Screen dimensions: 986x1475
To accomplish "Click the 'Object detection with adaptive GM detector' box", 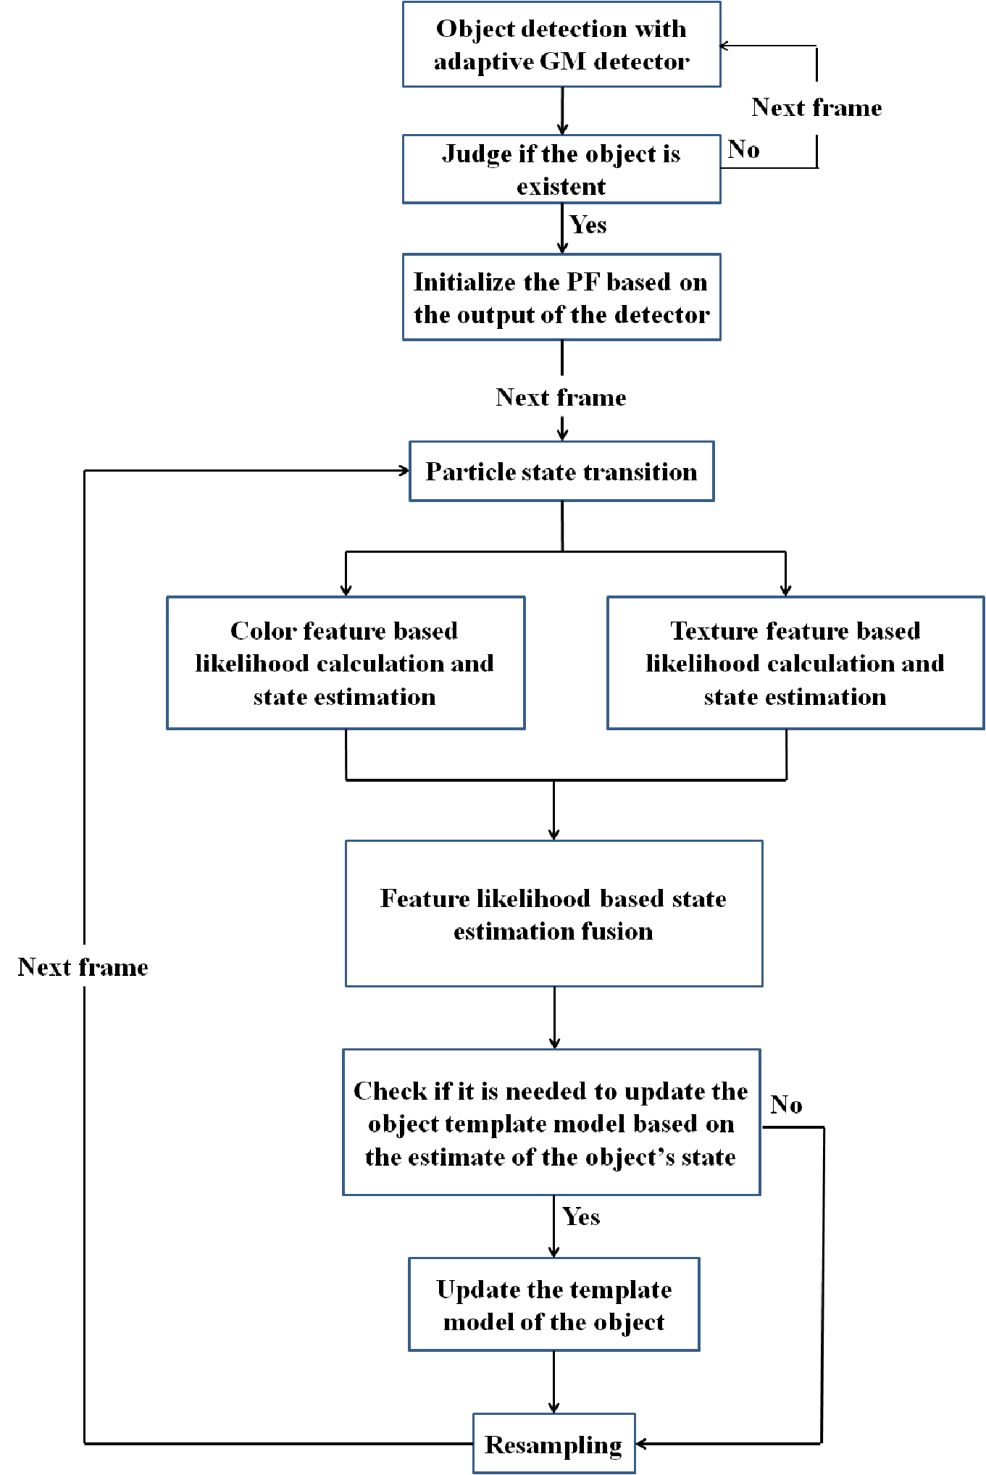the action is [x=561, y=44].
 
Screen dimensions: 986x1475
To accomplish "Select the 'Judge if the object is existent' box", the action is [x=561, y=169].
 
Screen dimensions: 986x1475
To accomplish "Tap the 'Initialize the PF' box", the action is [x=561, y=297].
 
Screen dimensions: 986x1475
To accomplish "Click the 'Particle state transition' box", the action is [x=561, y=471].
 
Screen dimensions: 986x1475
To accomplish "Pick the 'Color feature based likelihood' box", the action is [x=346, y=663].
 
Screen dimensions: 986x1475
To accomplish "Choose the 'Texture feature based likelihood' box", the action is [x=795, y=663].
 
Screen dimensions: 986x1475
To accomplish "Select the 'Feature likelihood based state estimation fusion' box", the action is [x=553, y=914].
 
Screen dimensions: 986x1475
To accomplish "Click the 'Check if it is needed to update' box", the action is [x=551, y=1122].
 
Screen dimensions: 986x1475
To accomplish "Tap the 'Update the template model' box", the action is [x=554, y=1305].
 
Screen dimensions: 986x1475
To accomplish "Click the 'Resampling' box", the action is [x=554, y=1444].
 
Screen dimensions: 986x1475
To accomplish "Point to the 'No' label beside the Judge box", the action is [x=744, y=149].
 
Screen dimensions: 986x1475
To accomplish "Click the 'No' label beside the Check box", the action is [x=787, y=1105].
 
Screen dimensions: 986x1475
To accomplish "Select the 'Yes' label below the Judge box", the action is [x=588, y=225].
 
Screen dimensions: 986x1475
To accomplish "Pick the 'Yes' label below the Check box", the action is [x=581, y=1217].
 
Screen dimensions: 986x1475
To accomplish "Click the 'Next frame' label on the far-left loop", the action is [x=83, y=967].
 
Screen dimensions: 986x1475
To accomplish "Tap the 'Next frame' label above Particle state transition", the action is [x=561, y=397].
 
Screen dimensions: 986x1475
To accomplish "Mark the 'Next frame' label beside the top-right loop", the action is [x=817, y=107].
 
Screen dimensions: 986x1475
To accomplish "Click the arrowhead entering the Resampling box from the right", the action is [x=641, y=1444].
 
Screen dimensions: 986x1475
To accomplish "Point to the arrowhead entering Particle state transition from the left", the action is [x=404, y=471].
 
